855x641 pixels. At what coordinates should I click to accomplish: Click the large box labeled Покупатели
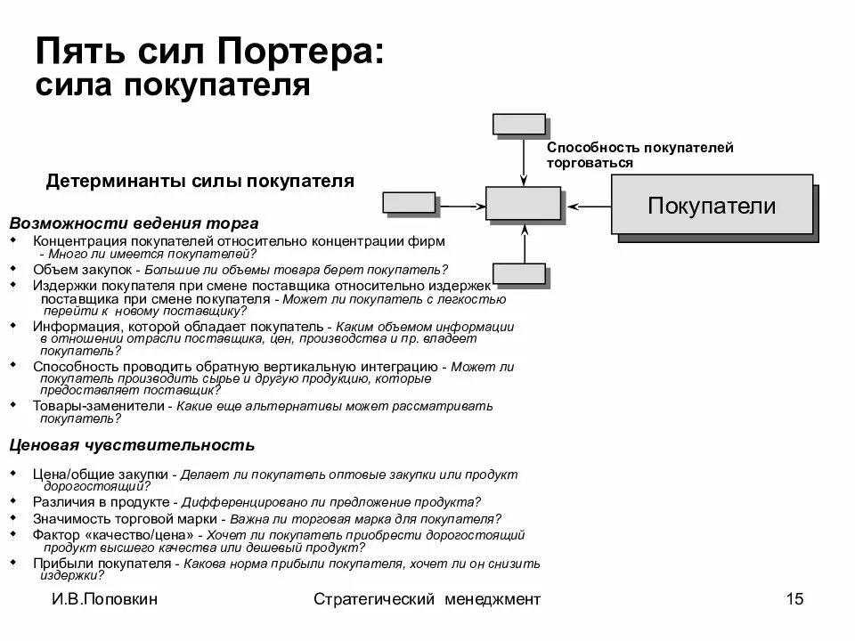pyautogui.click(x=712, y=205)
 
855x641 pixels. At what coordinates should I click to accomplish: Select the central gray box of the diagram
pyautogui.click(x=523, y=203)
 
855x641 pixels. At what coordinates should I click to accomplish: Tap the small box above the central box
pyautogui.click(x=518, y=124)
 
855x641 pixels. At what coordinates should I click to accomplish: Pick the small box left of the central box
pyautogui.click(x=409, y=202)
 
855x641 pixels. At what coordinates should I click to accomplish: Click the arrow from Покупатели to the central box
pyautogui.click(x=589, y=206)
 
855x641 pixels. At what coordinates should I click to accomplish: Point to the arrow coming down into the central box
pyautogui.click(x=523, y=162)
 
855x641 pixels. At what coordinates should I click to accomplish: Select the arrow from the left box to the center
pyautogui.click(x=460, y=206)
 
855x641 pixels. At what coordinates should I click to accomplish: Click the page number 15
pyautogui.click(x=794, y=599)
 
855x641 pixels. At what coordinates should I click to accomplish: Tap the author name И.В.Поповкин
pyautogui.click(x=104, y=599)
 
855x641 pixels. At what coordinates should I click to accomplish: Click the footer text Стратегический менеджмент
pyautogui.click(x=427, y=599)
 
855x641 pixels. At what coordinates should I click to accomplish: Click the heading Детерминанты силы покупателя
pyautogui.click(x=199, y=182)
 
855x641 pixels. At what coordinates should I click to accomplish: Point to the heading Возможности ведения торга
pyautogui.click(x=134, y=223)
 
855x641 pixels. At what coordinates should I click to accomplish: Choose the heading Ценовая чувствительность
pyautogui.click(x=132, y=445)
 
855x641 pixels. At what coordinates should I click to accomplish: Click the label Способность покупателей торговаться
pyautogui.click(x=639, y=155)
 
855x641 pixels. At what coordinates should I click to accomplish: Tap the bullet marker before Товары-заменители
pyautogui.click(x=12, y=404)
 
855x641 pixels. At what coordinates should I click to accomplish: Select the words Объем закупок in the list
pyautogui.click(x=82, y=269)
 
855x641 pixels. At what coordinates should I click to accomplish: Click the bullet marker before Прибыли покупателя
pyautogui.click(x=12, y=562)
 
